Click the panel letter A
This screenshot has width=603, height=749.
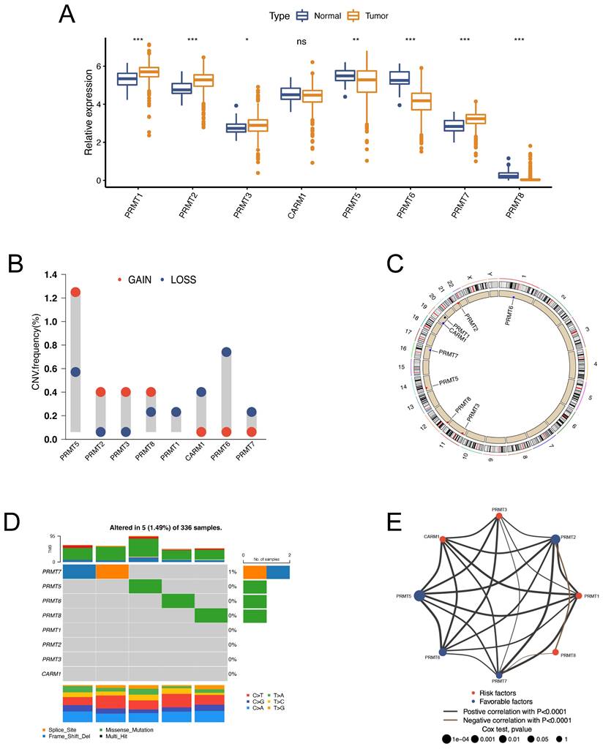66,13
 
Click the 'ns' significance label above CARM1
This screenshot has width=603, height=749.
301,42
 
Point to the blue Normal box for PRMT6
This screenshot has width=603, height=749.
399,78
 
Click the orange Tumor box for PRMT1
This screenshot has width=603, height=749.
149,72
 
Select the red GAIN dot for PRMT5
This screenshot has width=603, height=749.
75,293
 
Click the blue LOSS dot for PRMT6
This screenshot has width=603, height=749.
226,353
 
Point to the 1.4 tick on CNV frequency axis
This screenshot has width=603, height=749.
50,274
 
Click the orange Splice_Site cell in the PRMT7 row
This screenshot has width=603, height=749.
112,571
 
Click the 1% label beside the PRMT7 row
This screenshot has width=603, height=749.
232,572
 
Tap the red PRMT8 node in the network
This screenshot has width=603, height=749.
556,652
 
